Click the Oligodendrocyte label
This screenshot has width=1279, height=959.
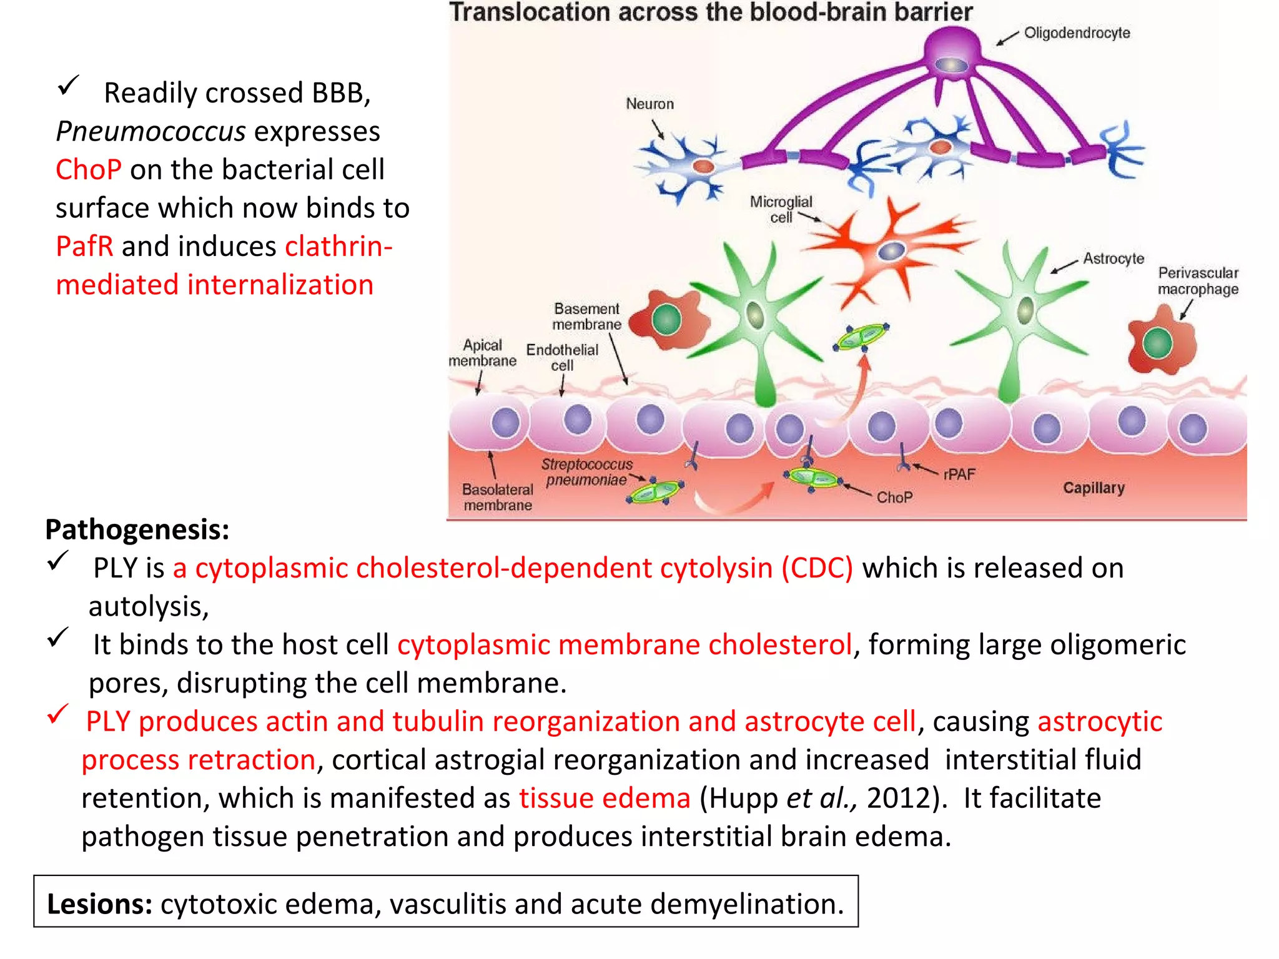click(x=1077, y=33)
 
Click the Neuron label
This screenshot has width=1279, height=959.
click(x=649, y=104)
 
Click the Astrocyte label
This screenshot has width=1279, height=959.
click(x=1114, y=258)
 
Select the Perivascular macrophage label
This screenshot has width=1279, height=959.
click(x=1198, y=281)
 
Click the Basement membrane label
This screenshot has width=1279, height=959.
click(x=586, y=317)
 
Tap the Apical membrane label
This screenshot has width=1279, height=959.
click(x=482, y=353)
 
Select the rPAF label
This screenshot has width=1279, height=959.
click(x=959, y=475)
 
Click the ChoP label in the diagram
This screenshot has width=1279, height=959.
click(x=894, y=498)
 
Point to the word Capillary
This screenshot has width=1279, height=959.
click(x=1094, y=488)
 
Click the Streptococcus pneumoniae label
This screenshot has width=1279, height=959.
click(x=586, y=472)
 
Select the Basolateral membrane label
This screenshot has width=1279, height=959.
click(x=498, y=497)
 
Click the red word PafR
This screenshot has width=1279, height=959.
click(x=84, y=247)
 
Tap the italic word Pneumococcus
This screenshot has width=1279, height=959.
click(x=151, y=132)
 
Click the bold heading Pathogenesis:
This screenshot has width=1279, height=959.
click(x=137, y=529)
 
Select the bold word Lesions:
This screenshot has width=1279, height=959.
click(x=100, y=904)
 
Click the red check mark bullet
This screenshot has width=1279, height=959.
click(x=58, y=714)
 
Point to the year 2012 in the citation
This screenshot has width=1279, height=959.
click(x=899, y=799)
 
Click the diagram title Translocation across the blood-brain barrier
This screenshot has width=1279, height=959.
click(x=711, y=12)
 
